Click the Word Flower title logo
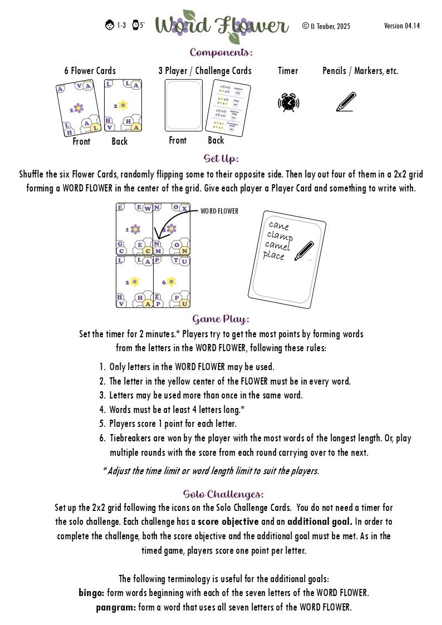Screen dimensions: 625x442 point(222,26)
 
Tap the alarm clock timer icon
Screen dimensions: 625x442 point(288,102)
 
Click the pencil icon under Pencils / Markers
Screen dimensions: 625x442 point(346,102)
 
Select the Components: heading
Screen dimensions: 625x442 point(221,53)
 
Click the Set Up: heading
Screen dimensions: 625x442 point(221,159)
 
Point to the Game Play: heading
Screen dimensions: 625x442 point(221,319)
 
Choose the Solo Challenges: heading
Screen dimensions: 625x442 point(223,494)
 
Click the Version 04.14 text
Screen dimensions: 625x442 point(402,26)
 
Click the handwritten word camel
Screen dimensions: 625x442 point(278,245)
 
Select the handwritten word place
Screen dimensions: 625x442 point(274,256)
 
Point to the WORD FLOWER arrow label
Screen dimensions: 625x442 point(219,211)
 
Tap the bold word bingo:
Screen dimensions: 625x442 point(92,593)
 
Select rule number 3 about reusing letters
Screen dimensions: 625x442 point(201,395)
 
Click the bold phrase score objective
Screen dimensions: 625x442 point(228,522)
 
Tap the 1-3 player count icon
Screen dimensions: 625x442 point(116,25)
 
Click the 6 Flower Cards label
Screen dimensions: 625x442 point(90,71)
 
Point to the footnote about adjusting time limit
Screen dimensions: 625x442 point(211,471)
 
